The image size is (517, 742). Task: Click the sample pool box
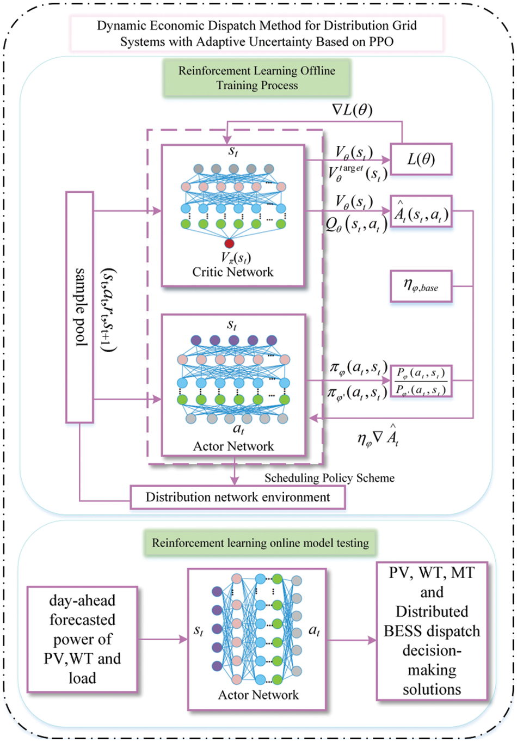(x=79, y=307)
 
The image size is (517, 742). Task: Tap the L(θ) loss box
(x=421, y=160)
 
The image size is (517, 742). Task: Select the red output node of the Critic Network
(x=229, y=243)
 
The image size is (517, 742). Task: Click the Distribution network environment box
(x=237, y=497)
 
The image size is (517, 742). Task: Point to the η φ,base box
(x=421, y=286)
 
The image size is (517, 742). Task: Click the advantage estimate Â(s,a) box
(x=421, y=213)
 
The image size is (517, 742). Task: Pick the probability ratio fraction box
(x=421, y=381)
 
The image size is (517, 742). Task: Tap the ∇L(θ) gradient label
(x=352, y=110)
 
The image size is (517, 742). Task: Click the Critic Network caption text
(x=232, y=272)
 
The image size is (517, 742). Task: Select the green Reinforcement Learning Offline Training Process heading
(x=257, y=78)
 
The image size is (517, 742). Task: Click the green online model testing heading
(x=260, y=543)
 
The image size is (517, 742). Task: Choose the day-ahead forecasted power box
(x=82, y=639)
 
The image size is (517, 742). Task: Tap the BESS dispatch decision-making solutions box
(x=432, y=631)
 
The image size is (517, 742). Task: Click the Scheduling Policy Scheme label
(x=329, y=478)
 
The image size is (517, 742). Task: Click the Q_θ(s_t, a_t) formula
(x=356, y=224)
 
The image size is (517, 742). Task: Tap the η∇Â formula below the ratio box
(x=378, y=436)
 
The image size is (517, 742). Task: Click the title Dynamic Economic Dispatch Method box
(x=257, y=33)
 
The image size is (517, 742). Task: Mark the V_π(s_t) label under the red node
(x=236, y=257)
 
